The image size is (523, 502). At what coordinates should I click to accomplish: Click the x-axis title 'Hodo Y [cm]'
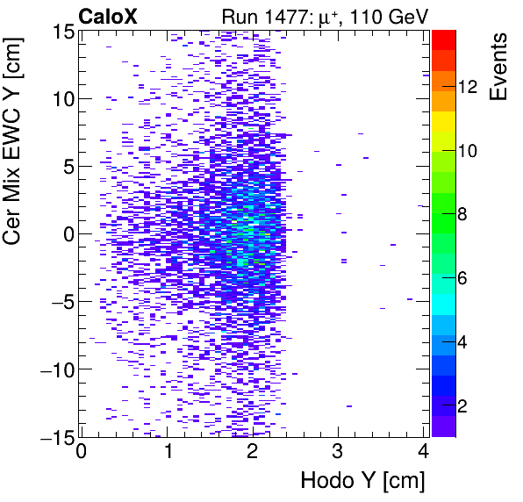[x=362, y=481]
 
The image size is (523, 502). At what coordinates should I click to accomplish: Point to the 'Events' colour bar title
[x=500, y=67]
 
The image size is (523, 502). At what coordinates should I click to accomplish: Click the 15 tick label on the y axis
[x=61, y=32]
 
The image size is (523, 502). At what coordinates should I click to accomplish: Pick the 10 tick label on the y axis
[x=61, y=98]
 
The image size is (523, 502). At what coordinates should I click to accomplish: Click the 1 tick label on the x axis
[x=167, y=454]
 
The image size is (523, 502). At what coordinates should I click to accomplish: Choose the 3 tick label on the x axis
[x=338, y=454]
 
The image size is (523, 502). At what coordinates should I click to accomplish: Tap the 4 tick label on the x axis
[x=423, y=454]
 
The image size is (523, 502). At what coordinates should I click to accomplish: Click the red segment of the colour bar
[x=444, y=37]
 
